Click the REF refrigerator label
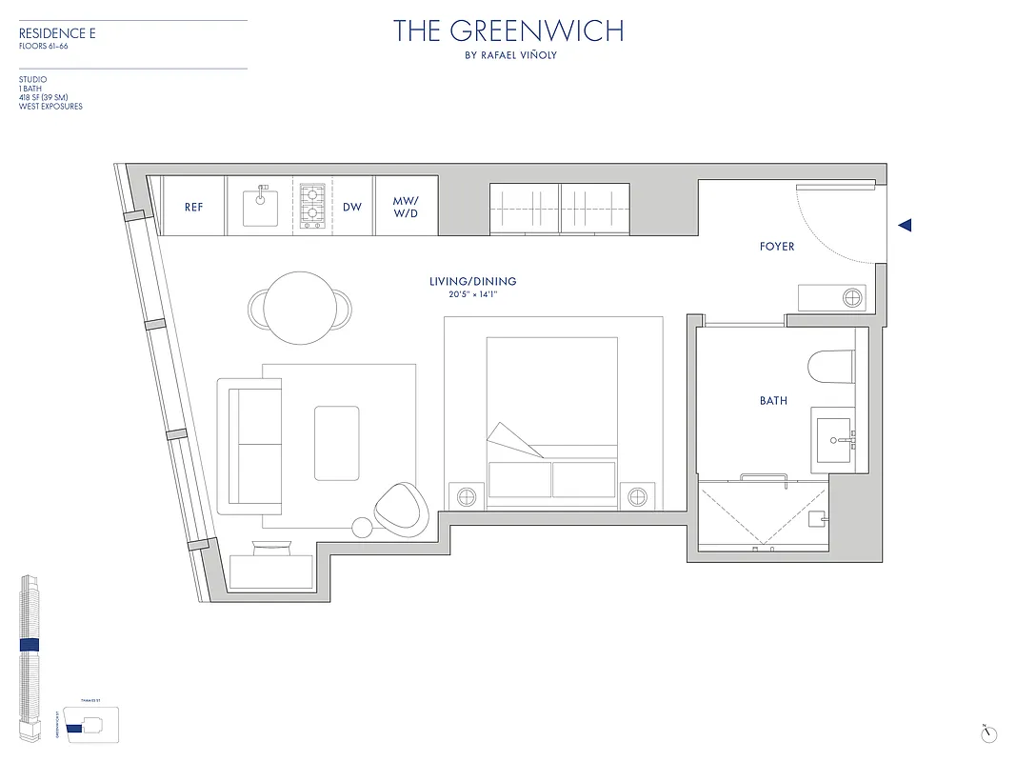(193, 207)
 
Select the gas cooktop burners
(312, 206)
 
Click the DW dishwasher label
(352, 207)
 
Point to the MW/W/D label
(407, 207)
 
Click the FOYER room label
(776, 247)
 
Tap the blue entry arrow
(906, 226)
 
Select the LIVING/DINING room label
(473, 282)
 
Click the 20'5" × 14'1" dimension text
(473, 295)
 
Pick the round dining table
(299, 307)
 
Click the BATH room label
(773, 401)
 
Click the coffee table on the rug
(337, 443)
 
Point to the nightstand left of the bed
(467, 497)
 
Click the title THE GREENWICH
(508, 31)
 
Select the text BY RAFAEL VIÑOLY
(508, 55)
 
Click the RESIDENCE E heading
(57, 34)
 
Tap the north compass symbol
(988, 733)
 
